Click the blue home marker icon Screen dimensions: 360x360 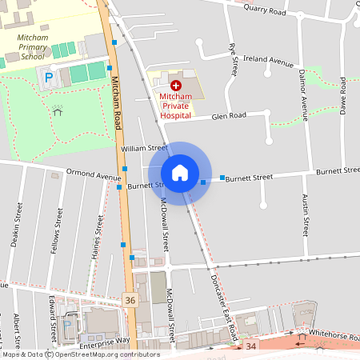point(180,173)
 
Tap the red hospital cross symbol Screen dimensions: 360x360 point(176,83)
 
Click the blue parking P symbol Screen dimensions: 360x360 point(49,78)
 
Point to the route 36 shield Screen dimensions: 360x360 point(131,300)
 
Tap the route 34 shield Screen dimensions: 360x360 point(251,346)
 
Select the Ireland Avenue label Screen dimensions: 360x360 point(270,62)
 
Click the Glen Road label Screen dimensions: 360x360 point(229,116)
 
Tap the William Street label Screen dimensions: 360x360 point(144,148)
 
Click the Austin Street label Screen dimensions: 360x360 point(305,214)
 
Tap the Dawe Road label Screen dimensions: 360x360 point(342,95)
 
